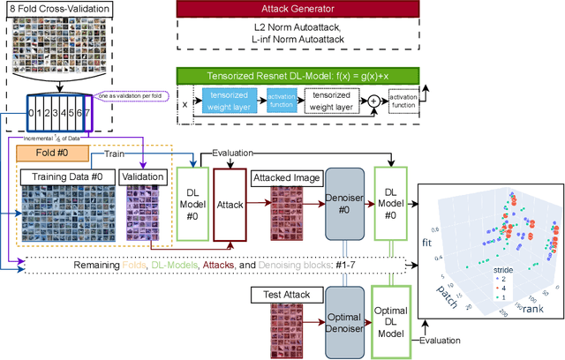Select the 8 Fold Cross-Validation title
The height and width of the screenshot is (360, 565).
[x=60, y=10]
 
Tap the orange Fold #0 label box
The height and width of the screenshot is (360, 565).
[x=50, y=154]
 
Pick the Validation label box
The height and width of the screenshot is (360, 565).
[x=143, y=176]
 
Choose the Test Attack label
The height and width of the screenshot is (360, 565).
[x=285, y=292]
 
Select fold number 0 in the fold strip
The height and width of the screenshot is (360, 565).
[x=32, y=114]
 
